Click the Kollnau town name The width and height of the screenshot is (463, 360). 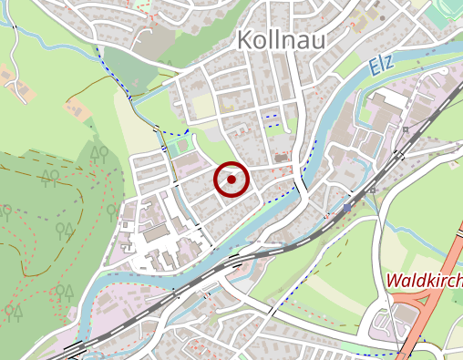pyautogui.click(x=281, y=39)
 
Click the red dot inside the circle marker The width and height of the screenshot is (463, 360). pyautogui.click(x=231, y=180)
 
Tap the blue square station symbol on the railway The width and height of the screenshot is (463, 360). pyautogui.click(x=347, y=208)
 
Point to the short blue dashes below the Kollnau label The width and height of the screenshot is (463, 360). pyautogui.click(x=270, y=117)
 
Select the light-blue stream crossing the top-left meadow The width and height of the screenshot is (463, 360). pyautogui.click(x=55, y=41)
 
